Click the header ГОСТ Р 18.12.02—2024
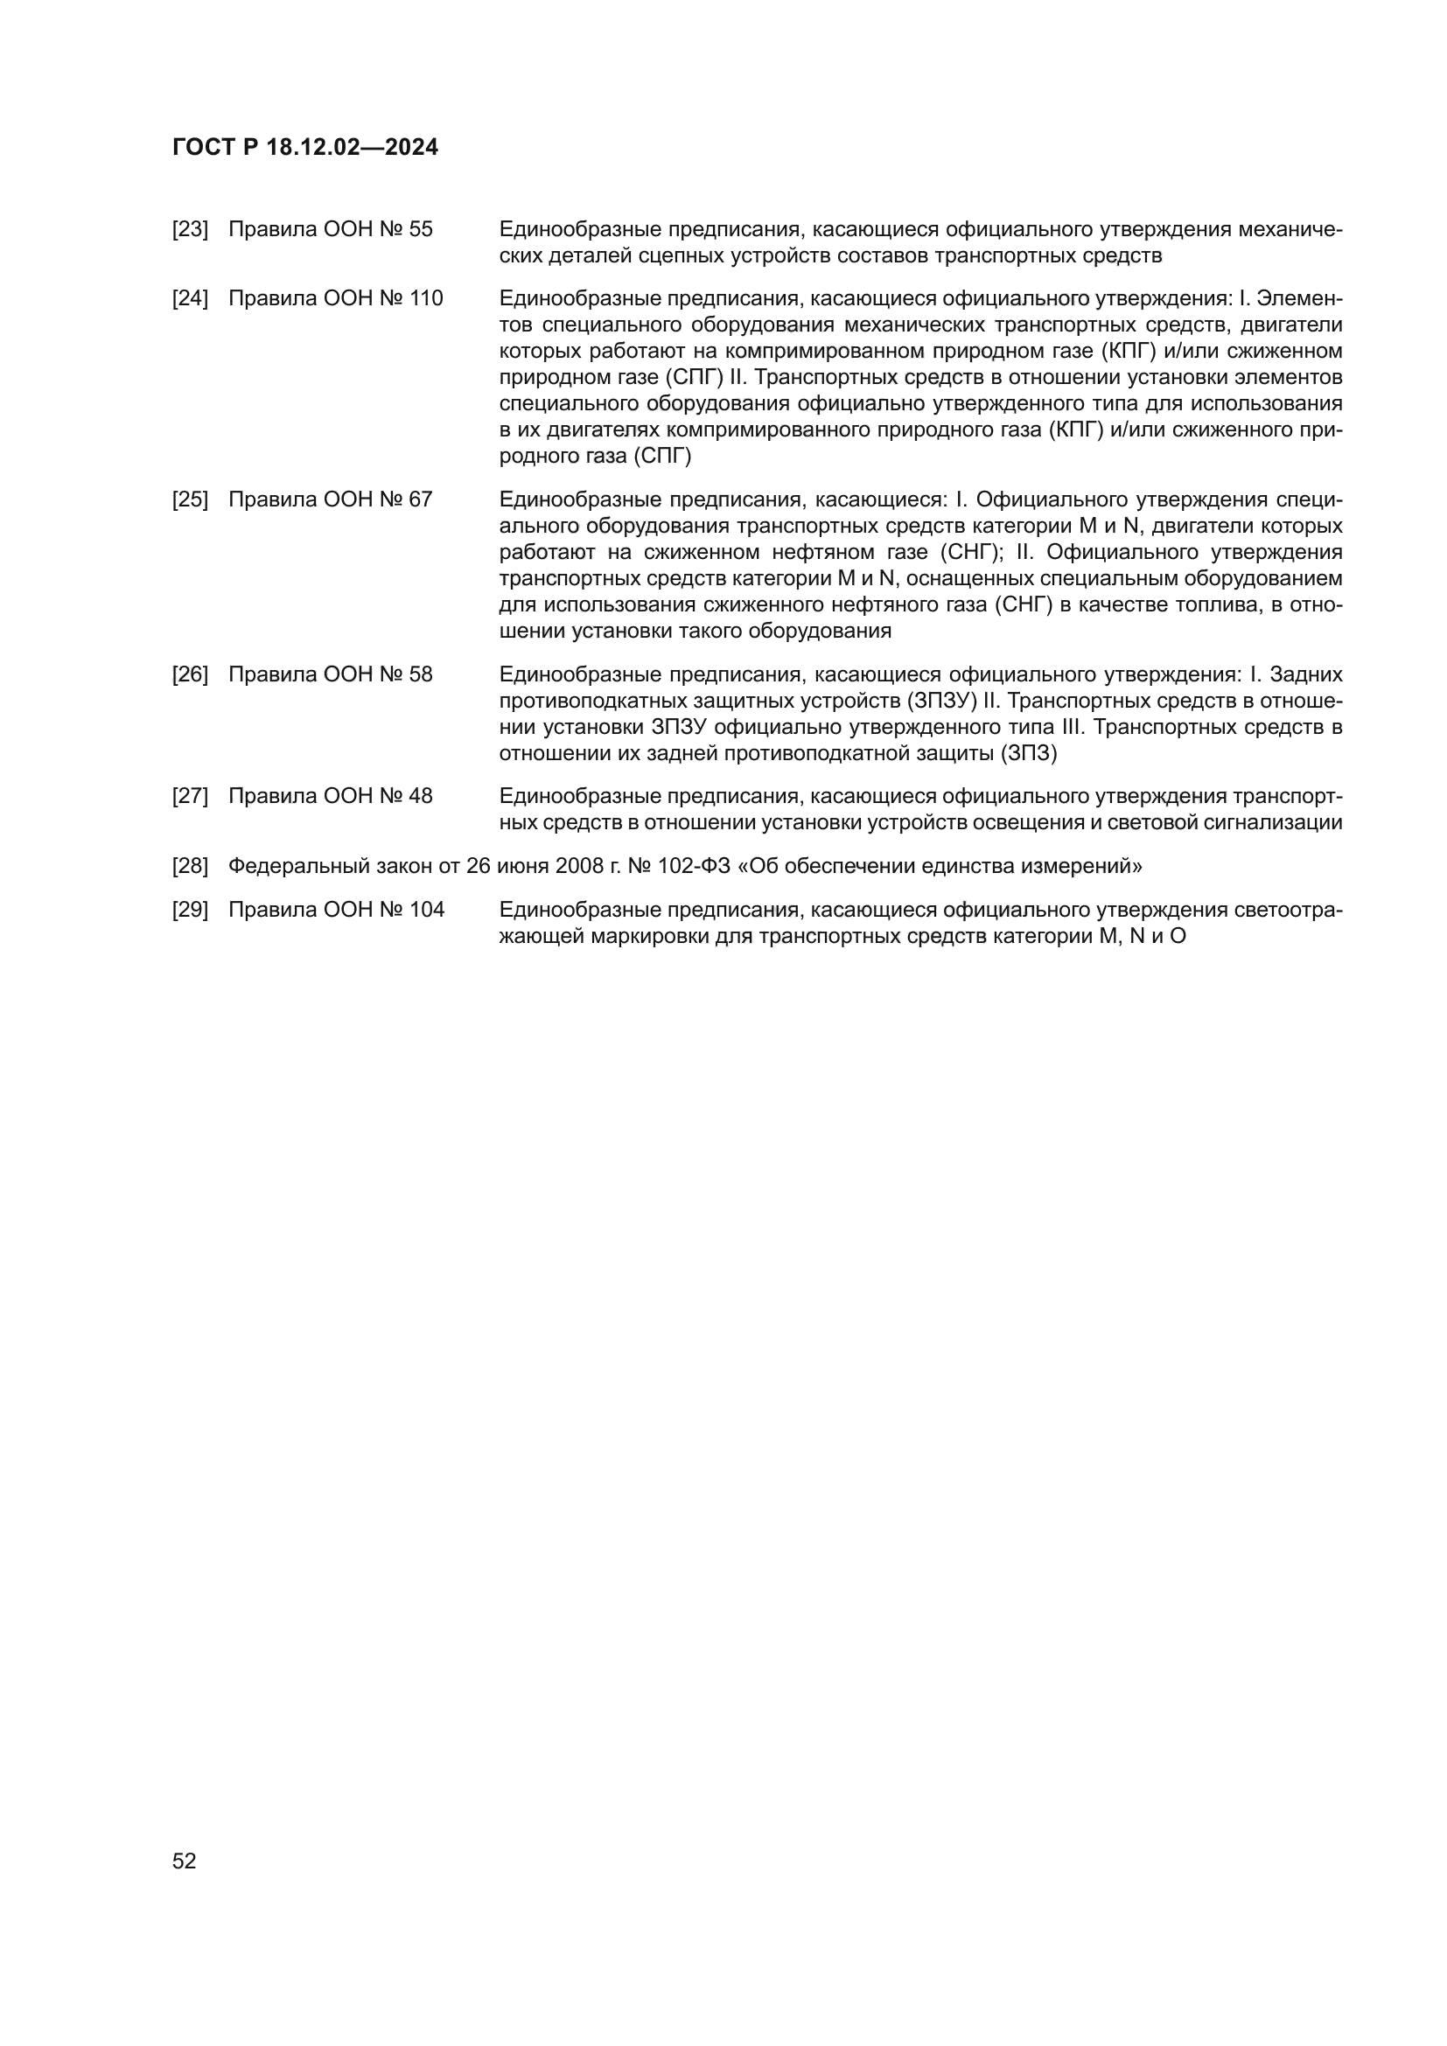tap(304, 148)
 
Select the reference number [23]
tap(190, 230)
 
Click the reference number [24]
tap(190, 298)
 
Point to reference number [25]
tap(190, 500)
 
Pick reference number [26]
tap(190, 674)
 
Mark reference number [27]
tap(190, 797)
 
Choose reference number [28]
tap(190, 865)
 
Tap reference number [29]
tap(190, 910)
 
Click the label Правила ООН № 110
tap(335, 298)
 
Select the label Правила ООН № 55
tap(330, 230)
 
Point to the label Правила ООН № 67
tap(330, 500)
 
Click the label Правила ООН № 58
tap(330, 674)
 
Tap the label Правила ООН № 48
tap(330, 797)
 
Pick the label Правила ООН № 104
tap(336, 910)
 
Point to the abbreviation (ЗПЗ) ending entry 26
tap(1028, 754)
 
